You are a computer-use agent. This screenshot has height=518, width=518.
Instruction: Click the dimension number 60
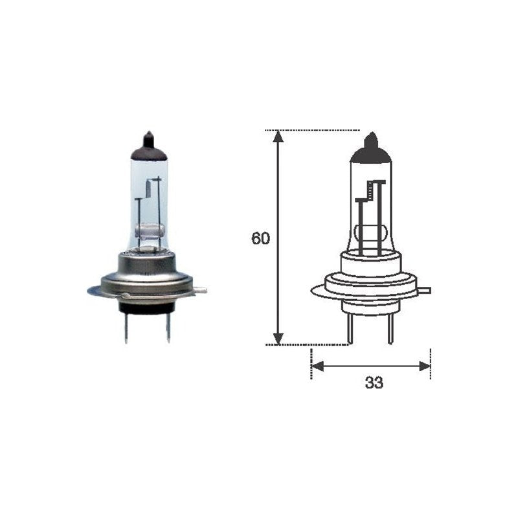pos(260,238)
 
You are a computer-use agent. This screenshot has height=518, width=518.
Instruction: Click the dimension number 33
pos(374,383)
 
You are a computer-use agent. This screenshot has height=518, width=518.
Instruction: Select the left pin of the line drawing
pos(350,328)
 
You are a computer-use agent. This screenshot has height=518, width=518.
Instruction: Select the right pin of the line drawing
pos(391,328)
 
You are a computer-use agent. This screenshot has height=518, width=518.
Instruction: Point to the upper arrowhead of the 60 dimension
pos(278,137)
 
